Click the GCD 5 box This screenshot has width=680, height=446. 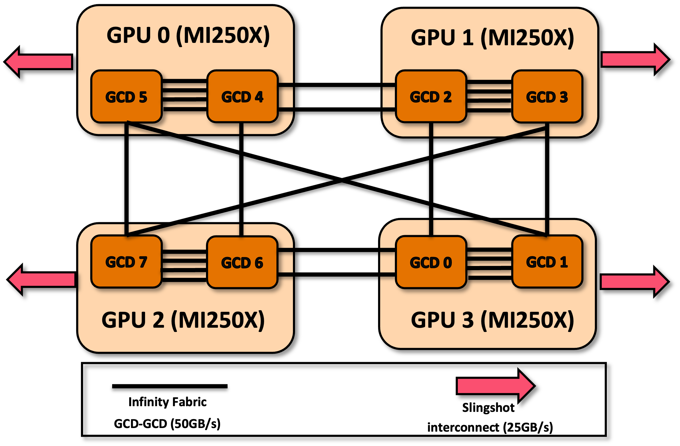[x=126, y=96]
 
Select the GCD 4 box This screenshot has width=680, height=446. [x=242, y=96]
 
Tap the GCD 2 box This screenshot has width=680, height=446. [x=431, y=96]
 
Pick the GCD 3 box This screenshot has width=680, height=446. [x=547, y=96]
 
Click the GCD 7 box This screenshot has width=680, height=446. [x=126, y=262]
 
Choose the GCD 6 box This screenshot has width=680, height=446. [x=242, y=262]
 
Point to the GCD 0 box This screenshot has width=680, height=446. [x=431, y=262]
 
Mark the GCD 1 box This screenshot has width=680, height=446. [x=547, y=262]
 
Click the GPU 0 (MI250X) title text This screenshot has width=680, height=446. [x=188, y=35]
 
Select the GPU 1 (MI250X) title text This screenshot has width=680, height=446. [x=492, y=38]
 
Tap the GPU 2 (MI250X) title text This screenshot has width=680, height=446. [x=183, y=320]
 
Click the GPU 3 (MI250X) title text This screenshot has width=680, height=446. [x=492, y=320]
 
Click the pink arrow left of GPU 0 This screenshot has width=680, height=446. [x=39, y=62]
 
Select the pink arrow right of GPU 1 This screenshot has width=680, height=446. [x=634, y=59]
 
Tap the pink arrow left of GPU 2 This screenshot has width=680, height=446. [x=42, y=279]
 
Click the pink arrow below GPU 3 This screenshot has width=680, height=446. [x=495, y=386]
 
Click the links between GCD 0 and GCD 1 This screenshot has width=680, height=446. [x=489, y=264]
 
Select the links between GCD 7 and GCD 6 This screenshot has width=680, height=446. [x=184, y=265]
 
